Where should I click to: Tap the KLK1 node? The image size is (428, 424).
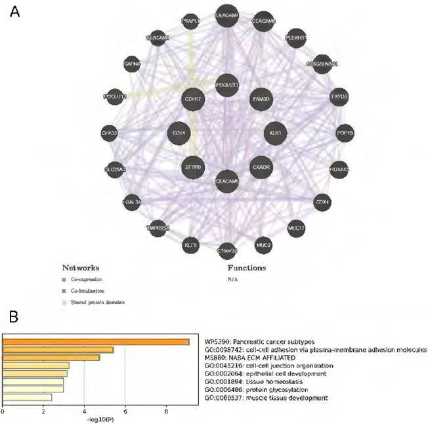click(275, 133)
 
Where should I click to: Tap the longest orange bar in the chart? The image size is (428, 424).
click(96, 341)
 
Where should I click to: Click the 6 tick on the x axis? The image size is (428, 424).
click(125, 412)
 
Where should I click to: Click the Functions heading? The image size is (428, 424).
click(246, 268)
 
